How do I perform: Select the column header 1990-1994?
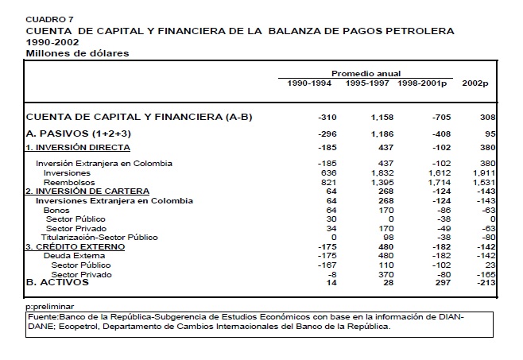click(309, 82)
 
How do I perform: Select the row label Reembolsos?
click(68, 182)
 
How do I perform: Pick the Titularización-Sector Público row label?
click(99, 237)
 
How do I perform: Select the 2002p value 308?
click(489, 118)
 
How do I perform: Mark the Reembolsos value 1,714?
click(436, 182)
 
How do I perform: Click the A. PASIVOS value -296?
click(327, 134)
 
